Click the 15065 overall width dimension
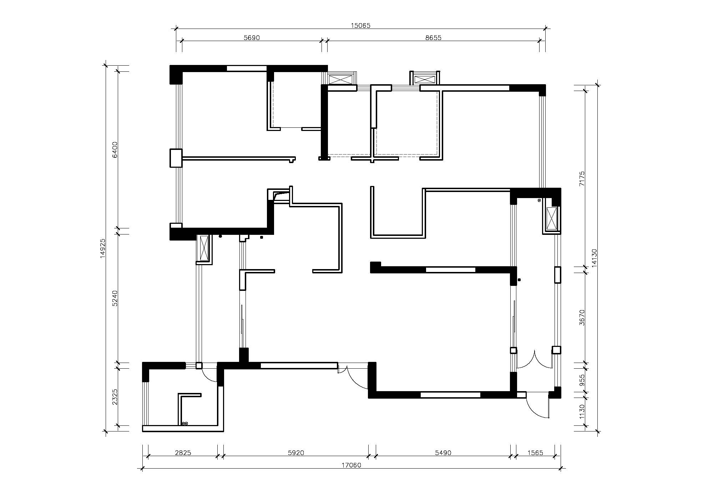pos(361,25)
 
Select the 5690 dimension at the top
pos(252,38)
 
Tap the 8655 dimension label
pos(433,38)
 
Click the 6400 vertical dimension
pos(115,150)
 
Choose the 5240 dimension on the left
pos(115,298)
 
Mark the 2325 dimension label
pos(115,397)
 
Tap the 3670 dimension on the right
pos(582,317)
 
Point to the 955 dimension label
pos(582,380)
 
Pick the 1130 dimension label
pos(582,411)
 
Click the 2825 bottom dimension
pos(183,453)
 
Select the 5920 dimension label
pos(296,453)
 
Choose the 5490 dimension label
pos(443,453)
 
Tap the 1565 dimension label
pos(535,453)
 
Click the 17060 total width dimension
pos(351,465)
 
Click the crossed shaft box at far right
pos(552,218)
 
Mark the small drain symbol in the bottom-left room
pos(184,424)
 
